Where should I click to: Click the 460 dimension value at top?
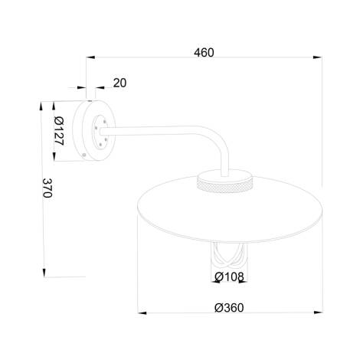pyautogui.click(x=203, y=53)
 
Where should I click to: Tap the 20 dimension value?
pyautogui.click(x=119, y=83)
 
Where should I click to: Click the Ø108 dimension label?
pyautogui.click(x=230, y=277)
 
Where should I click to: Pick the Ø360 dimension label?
pyautogui.click(x=229, y=307)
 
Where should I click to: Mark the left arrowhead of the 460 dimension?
pyautogui.click(x=89, y=57)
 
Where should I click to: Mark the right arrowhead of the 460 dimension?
pyautogui.click(x=317, y=57)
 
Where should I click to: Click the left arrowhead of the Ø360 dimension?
pyautogui.click(x=140, y=312)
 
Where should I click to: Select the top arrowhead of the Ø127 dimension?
pyautogui.click(x=54, y=105)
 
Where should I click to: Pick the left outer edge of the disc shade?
pyautogui.click(x=136, y=207)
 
